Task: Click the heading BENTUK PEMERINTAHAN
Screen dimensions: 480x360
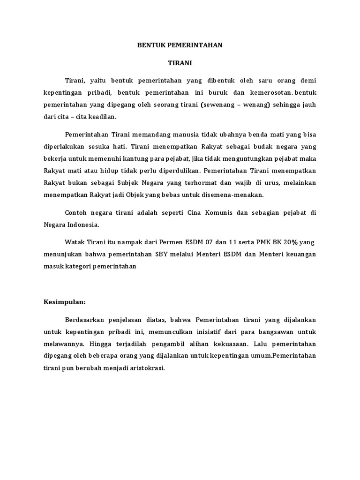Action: tap(180, 45)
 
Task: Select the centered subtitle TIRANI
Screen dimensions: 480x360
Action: tap(180, 62)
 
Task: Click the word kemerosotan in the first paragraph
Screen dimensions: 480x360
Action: tap(262, 92)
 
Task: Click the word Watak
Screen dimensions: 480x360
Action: tap(75, 242)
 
